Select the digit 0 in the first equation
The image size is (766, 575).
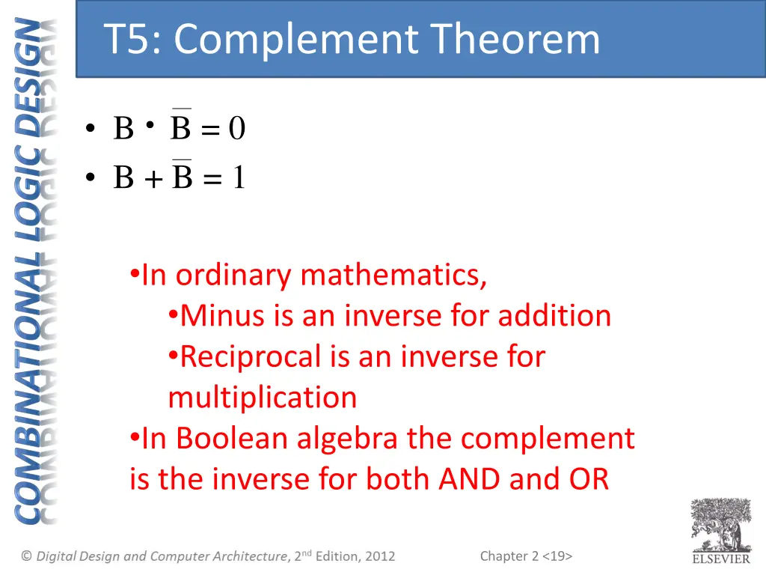tap(236, 130)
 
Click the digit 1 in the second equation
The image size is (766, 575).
tap(238, 178)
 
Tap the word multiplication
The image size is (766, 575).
tap(263, 397)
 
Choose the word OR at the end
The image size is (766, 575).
tap(588, 478)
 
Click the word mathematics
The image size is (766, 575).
tap(393, 276)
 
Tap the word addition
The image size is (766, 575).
tap(554, 316)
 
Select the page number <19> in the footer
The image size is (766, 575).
tap(557, 556)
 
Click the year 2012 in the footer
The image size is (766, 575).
tap(380, 556)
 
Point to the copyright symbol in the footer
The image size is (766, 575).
tap(26, 556)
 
